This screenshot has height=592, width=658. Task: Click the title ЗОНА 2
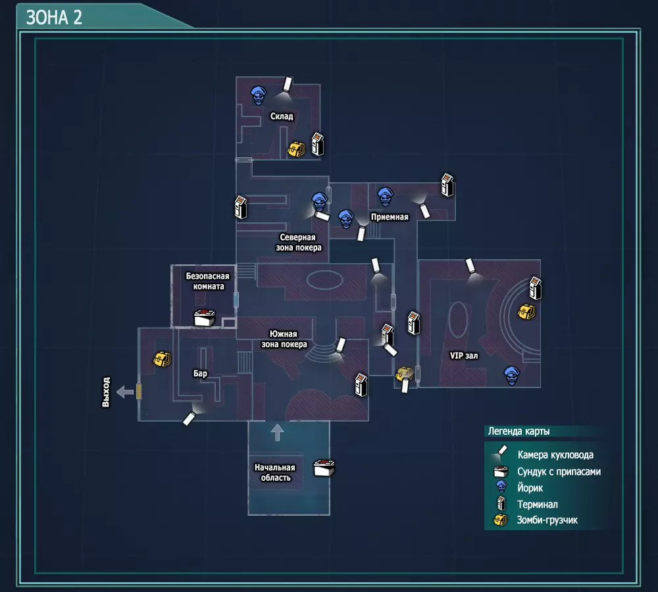pos(54,18)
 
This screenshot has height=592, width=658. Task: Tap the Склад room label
pos(282,116)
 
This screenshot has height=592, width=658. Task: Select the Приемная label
pos(390,217)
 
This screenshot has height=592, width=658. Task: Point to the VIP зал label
pos(464,355)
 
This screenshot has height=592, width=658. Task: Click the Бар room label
pos(200,373)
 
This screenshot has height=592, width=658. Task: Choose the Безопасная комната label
pos(208,281)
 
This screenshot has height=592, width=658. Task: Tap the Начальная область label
pos(275,472)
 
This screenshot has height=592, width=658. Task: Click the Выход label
pos(106,392)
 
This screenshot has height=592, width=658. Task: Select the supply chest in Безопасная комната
pos(205,318)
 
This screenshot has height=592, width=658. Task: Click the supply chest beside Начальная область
pos(324,468)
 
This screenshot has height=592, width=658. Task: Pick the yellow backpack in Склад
pos(296,149)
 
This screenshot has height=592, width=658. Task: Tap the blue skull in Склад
pos(258,95)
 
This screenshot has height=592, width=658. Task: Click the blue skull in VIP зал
pos(511,375)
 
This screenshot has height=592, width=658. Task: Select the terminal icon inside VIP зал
pos(535,288)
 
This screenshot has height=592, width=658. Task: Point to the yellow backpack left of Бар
pos(162,358)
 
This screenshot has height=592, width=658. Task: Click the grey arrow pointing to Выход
pos(124,392)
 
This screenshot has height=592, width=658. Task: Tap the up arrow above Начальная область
pos(277,432)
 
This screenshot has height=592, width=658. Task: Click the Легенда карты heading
pos(519,432)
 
